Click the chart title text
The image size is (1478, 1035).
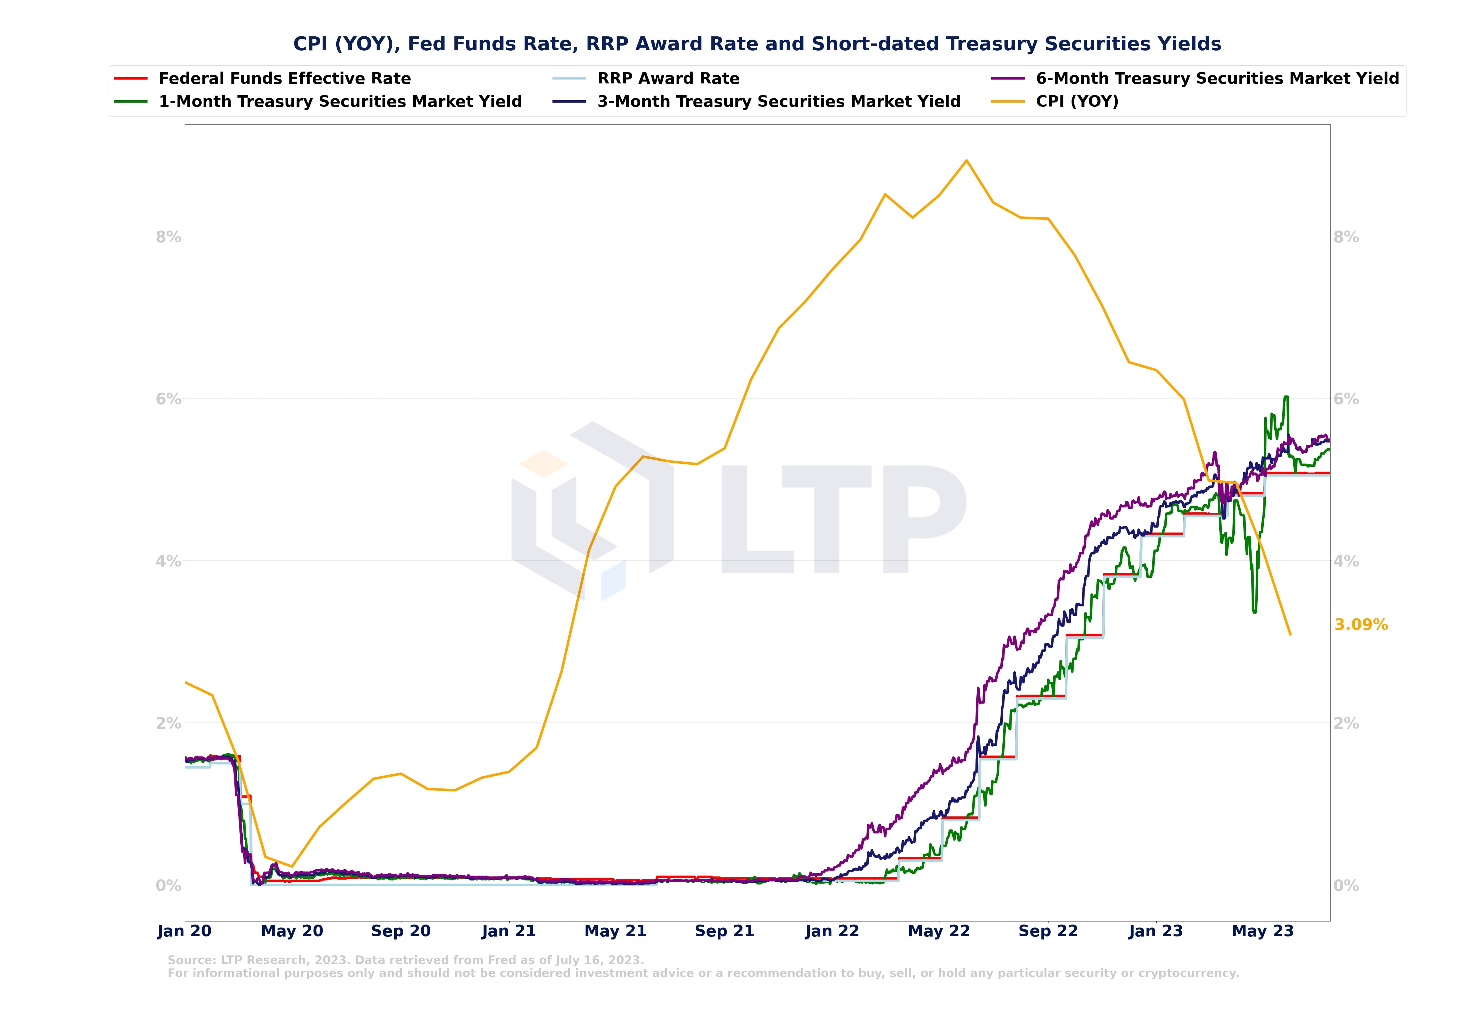tap(757, 44)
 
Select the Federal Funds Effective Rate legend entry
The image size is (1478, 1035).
tap(285, 79)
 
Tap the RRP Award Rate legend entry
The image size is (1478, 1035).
tap(668, 79)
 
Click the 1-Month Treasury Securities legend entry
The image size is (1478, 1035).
tap(340, 102)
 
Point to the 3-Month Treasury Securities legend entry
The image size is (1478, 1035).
tap(778, 102)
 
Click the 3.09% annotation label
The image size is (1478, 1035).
tap(1361, 625)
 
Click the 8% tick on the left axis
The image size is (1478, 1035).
tap(168, 237)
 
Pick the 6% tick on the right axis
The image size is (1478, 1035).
tap(1346, 399)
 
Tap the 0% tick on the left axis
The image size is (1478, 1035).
tap(168, 886)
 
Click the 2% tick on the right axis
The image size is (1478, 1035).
tap(1346, 723)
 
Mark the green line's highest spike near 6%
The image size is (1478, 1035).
tap(1286, 397)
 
